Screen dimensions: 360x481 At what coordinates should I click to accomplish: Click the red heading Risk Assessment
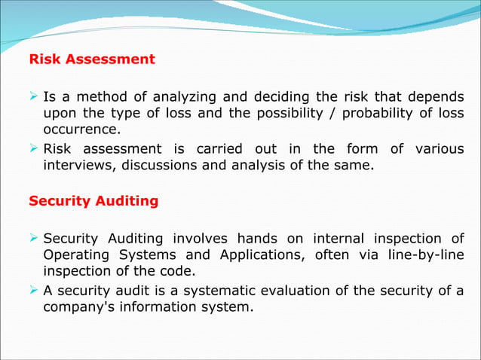pyautogui.click(x=91, y=59)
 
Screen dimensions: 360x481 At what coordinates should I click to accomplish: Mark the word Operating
pyautogui.click(x=77, y=255)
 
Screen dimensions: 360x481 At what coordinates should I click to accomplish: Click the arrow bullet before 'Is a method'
pyautogui.click(x=34, y=96)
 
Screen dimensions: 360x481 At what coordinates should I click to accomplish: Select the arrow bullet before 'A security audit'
pyautogui.click(x=34, y=291)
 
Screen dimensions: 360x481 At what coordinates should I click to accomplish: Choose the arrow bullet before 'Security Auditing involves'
pyautogui.click(x=34, y=239)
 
